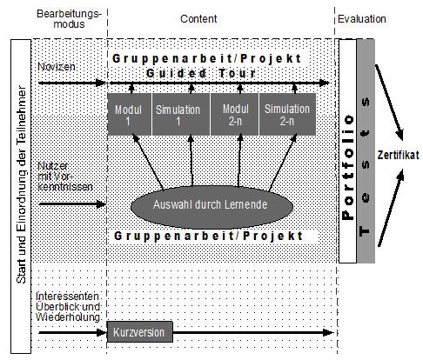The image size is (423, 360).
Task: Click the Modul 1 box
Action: click(129, 114)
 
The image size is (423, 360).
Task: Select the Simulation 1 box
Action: click(181, 114)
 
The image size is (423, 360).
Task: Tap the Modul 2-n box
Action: click(234, 114)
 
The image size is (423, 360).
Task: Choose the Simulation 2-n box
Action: click(287, 114)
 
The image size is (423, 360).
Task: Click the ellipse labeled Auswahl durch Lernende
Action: click(211, 207)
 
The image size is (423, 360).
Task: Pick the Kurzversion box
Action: click(140, 331)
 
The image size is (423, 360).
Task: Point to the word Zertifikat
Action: click(398, 155)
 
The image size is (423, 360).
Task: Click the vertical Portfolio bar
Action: click(347, 151)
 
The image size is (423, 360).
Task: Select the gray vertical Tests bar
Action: click(366, 151)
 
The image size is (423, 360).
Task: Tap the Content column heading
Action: click(198, 19)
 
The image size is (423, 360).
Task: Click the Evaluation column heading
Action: click(362, 19)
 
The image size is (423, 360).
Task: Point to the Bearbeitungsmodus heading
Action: click(70, 19)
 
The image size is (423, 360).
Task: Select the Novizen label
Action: click(57, 67)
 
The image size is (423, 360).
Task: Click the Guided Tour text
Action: click(201, 73)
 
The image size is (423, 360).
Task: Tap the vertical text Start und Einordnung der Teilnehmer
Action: click(21, 184)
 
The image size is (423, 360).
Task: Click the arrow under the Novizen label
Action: click(72, 83)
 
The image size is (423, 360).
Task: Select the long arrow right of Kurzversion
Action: click(253, 332)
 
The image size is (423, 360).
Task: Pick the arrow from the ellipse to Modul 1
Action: click(148, 162)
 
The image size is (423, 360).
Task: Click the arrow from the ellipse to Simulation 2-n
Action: click(283, 163)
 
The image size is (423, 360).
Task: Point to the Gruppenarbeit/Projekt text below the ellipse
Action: click(208, 236)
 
